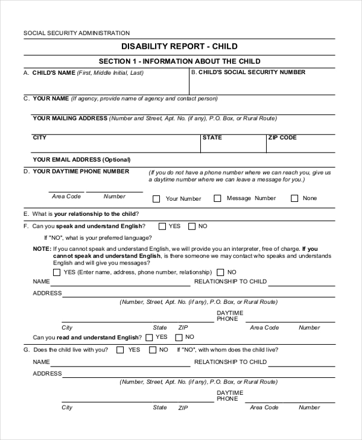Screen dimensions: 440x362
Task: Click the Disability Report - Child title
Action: (x=180, y=46)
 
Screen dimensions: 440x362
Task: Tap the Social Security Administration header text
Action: (x=76, y=33)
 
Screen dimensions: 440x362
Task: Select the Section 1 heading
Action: (x=180, y=61)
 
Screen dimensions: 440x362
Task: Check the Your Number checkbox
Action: (x=156, y=198)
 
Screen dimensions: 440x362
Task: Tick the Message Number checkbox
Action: (x=217, y=198)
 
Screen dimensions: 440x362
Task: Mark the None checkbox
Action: (x=294, y=198)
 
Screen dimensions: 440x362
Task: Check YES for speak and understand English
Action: (x=162, y=227)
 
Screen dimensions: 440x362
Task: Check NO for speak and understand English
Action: (x=192, y=227)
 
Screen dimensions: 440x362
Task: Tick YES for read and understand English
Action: (x=149, y=337)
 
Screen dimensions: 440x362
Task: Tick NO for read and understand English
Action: (x=179, y=337)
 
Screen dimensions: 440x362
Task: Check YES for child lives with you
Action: (x=120, y=350)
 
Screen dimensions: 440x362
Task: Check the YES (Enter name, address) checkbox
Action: (x=57, y=272)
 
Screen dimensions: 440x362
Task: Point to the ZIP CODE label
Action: (x=282, y=137)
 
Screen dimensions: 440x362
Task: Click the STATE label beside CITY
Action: (x=212, y=137)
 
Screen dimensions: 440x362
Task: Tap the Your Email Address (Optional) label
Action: (x=81, y=160)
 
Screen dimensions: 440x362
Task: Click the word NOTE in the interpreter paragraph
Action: (x=42, y=248)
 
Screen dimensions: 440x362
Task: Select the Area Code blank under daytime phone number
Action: (x=66, y=192)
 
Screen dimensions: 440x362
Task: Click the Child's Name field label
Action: (x=53, y=72)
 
